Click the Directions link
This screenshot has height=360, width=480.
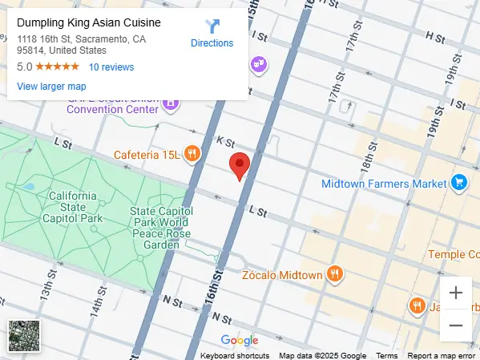tap(212, 34)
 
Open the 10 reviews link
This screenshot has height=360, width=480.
tap(111, 67)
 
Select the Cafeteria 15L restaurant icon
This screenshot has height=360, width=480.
tap(192, 153)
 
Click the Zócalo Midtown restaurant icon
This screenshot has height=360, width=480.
tap(336, 274)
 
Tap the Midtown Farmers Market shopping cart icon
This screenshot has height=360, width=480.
tap(458, 183)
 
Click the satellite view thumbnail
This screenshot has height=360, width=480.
tap(22, 334)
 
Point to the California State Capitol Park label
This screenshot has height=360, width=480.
tap(73, 207)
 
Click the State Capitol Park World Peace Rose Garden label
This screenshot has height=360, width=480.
tap(159, 228)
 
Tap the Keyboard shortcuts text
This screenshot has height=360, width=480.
tap(235, 355)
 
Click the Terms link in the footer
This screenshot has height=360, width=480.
tap(387, 355)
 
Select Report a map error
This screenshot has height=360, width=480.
tap(441, 355)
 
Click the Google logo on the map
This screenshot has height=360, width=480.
tap(240, 341)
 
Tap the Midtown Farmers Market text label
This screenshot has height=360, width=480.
tap(383, 184)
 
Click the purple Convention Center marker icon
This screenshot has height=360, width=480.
tap(170, 103)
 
